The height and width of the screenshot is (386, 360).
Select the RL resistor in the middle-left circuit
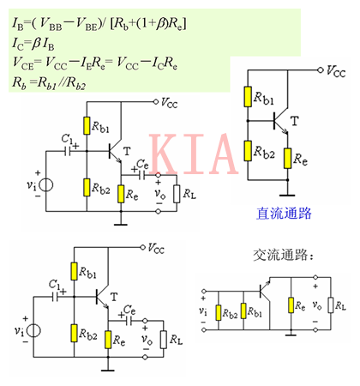[177, 193]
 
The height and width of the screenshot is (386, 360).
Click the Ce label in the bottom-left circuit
[129, 310]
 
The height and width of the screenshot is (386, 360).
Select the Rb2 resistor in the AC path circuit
[222, 311]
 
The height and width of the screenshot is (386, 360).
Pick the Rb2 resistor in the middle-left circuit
[87, 187]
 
